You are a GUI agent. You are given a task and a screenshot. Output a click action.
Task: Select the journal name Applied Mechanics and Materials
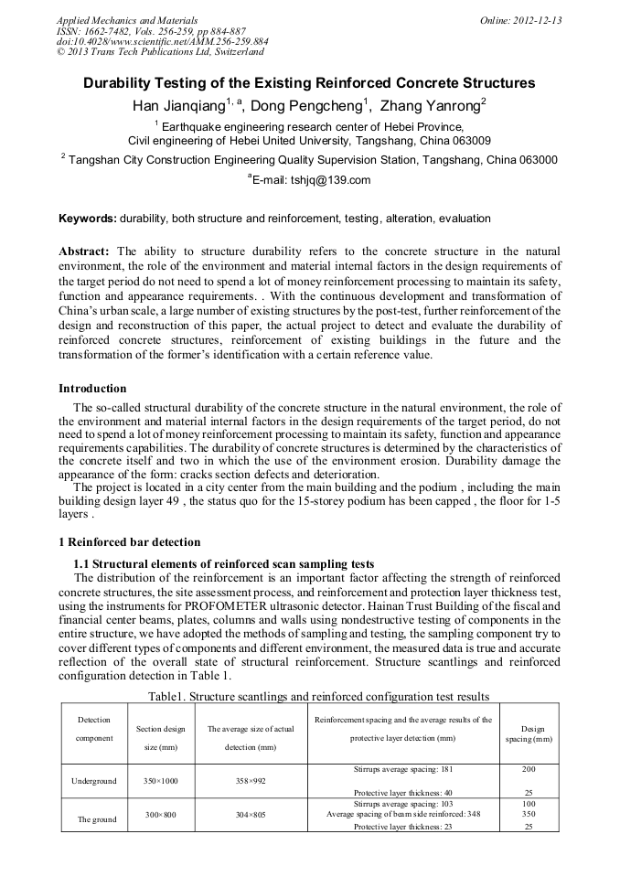click(116, 19)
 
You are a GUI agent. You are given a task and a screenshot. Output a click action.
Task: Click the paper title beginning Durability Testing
click(309, 83)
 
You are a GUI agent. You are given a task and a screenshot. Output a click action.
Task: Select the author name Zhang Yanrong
click(429, 106)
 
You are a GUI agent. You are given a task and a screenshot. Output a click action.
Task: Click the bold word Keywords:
click(88, 219)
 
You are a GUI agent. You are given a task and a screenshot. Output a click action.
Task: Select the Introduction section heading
click(92, 389)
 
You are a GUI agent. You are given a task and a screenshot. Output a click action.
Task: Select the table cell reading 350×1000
click(161, 781)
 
